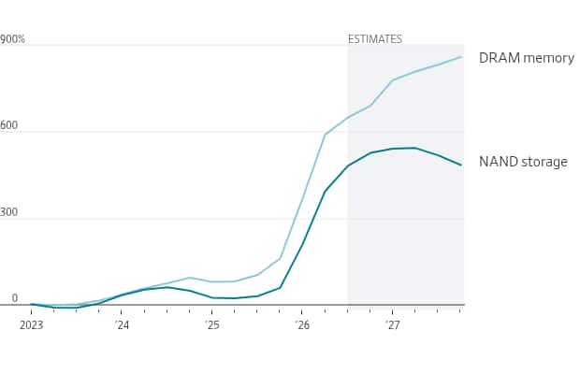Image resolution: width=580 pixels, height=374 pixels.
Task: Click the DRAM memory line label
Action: click(527, 58)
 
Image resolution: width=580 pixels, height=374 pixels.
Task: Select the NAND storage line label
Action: click(523, 162)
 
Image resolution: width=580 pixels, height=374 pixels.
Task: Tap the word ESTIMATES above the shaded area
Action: click(375, 39)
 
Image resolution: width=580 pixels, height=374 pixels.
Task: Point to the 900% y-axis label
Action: click(12, 39)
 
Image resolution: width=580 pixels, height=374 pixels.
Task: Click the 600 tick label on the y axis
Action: click(8, 125)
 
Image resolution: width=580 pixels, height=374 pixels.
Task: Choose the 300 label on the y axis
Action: click(8, 212)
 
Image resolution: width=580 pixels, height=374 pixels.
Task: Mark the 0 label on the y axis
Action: click(14, 298)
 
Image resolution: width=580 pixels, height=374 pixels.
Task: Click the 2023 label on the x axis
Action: click(32, 325)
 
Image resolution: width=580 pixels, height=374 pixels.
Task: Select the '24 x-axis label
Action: click(122, 325)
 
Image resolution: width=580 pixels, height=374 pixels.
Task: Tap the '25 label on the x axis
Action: click(211, 325)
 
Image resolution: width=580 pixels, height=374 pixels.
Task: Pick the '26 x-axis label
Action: click(302, 325)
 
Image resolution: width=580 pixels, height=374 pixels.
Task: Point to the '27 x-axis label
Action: click(392, 325)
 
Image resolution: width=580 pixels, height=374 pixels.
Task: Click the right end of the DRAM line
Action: click(461, 57)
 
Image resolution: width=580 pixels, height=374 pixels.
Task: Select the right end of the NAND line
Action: click(461, 165)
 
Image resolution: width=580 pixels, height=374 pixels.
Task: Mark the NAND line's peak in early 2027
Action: click(414, 148)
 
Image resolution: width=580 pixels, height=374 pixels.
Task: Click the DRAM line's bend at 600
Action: click(326, 135)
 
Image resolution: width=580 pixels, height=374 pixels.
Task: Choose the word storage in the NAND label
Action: click(544, 162)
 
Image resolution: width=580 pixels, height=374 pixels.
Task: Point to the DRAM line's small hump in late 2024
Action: click(189, 278)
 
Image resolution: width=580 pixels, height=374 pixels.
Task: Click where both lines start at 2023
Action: click(32, 304)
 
